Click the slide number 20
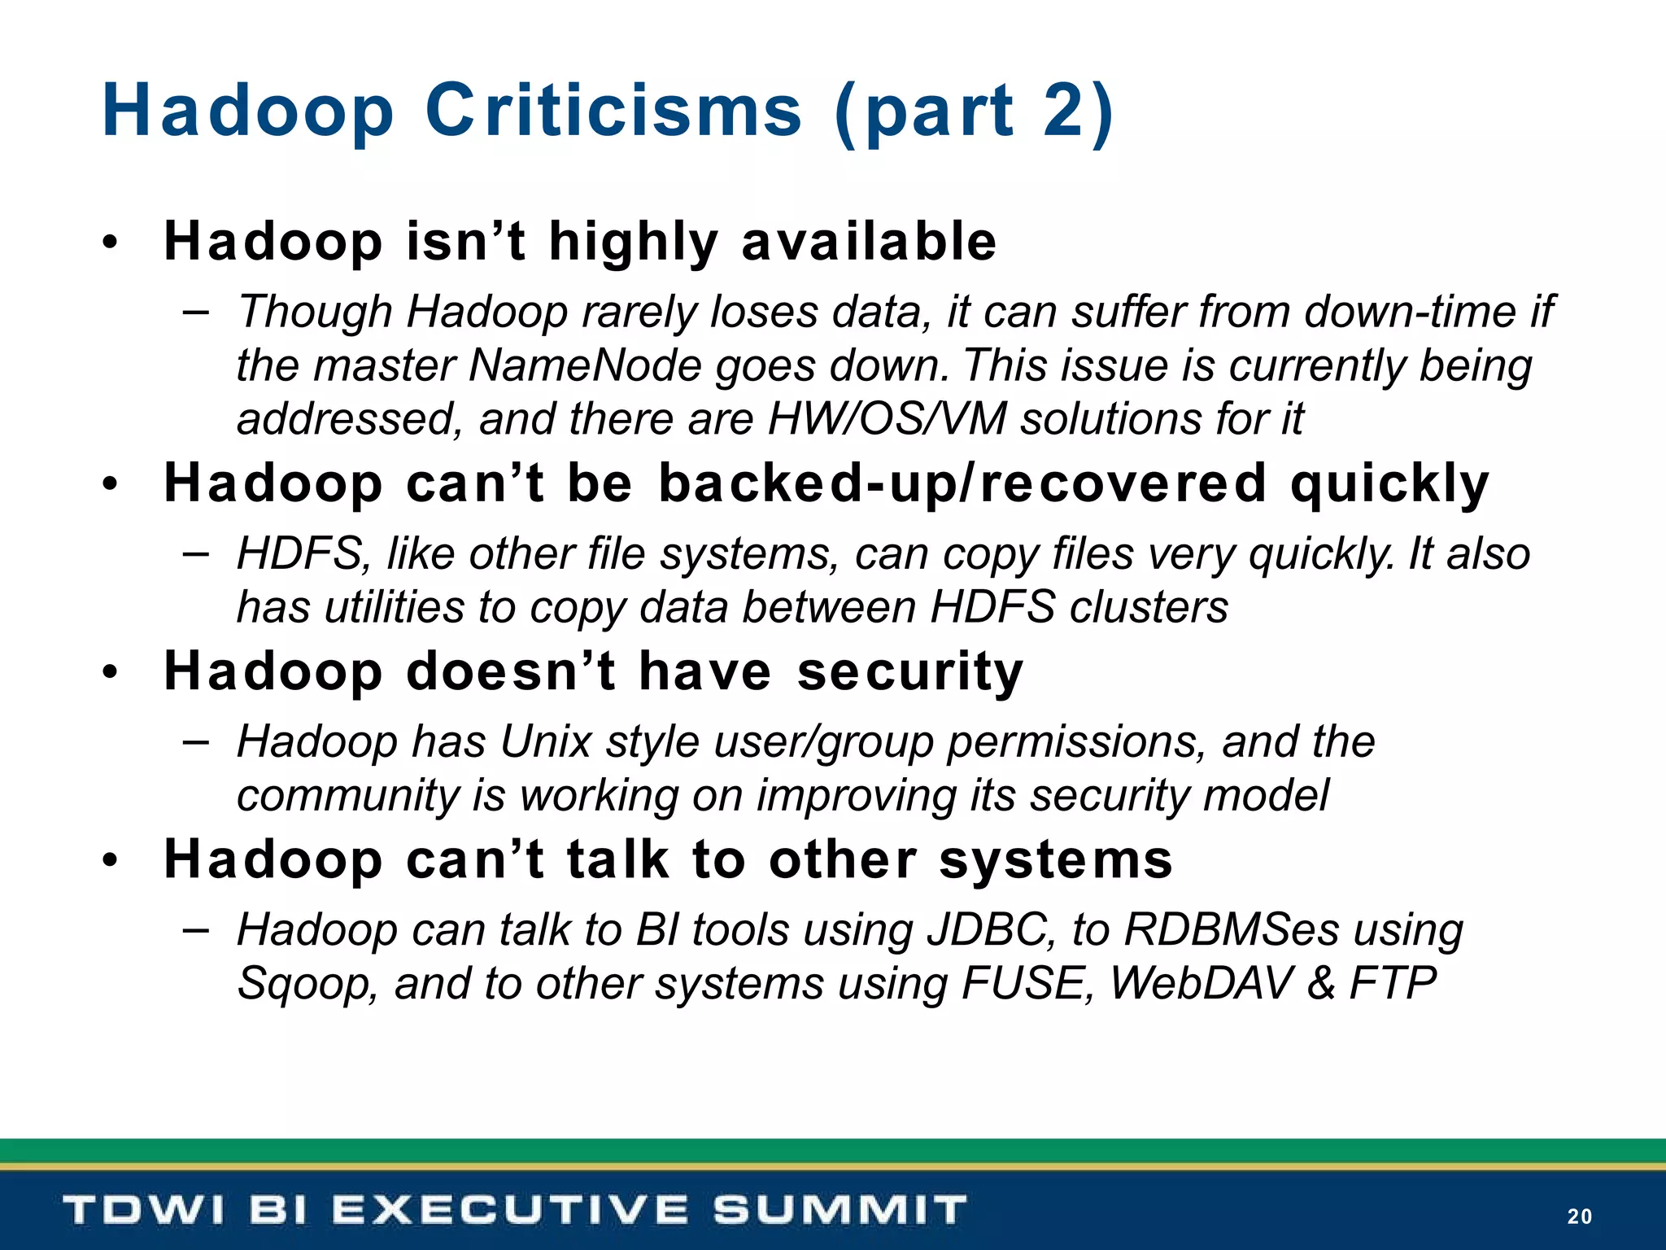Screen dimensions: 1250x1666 tap(1579, 1216)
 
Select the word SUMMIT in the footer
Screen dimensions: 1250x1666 tap(840, 1209)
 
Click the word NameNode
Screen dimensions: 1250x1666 tap(585, 365)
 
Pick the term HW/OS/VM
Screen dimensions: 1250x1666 tap(887, 419)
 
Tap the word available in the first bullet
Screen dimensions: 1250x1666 tap(868, 242)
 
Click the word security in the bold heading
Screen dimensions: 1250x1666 tap(909, 672)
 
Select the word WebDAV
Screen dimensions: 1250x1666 tap(1201, 983)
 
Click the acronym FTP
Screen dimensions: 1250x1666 tap(1393, 983)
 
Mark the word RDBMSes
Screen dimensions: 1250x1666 tap(1231, 929)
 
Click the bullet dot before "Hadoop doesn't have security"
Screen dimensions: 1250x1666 tap(111, 673)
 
